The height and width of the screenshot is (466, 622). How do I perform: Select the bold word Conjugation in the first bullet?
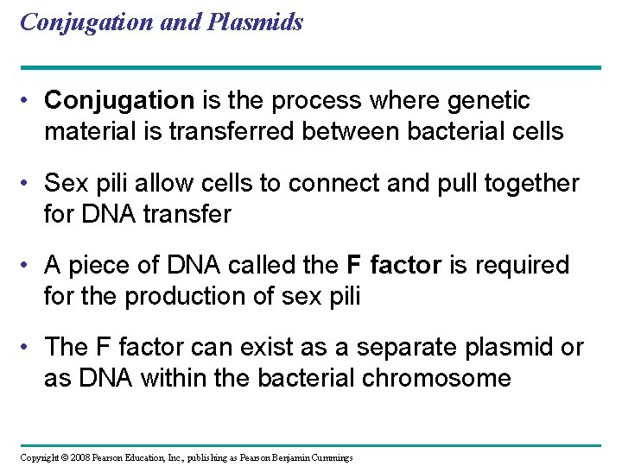pos(119,101)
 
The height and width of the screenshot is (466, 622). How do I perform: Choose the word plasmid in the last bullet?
pos(496,347)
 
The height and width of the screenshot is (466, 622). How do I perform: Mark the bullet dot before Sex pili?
pos(29,183)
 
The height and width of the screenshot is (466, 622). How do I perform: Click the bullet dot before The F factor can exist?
pos(29,347)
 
